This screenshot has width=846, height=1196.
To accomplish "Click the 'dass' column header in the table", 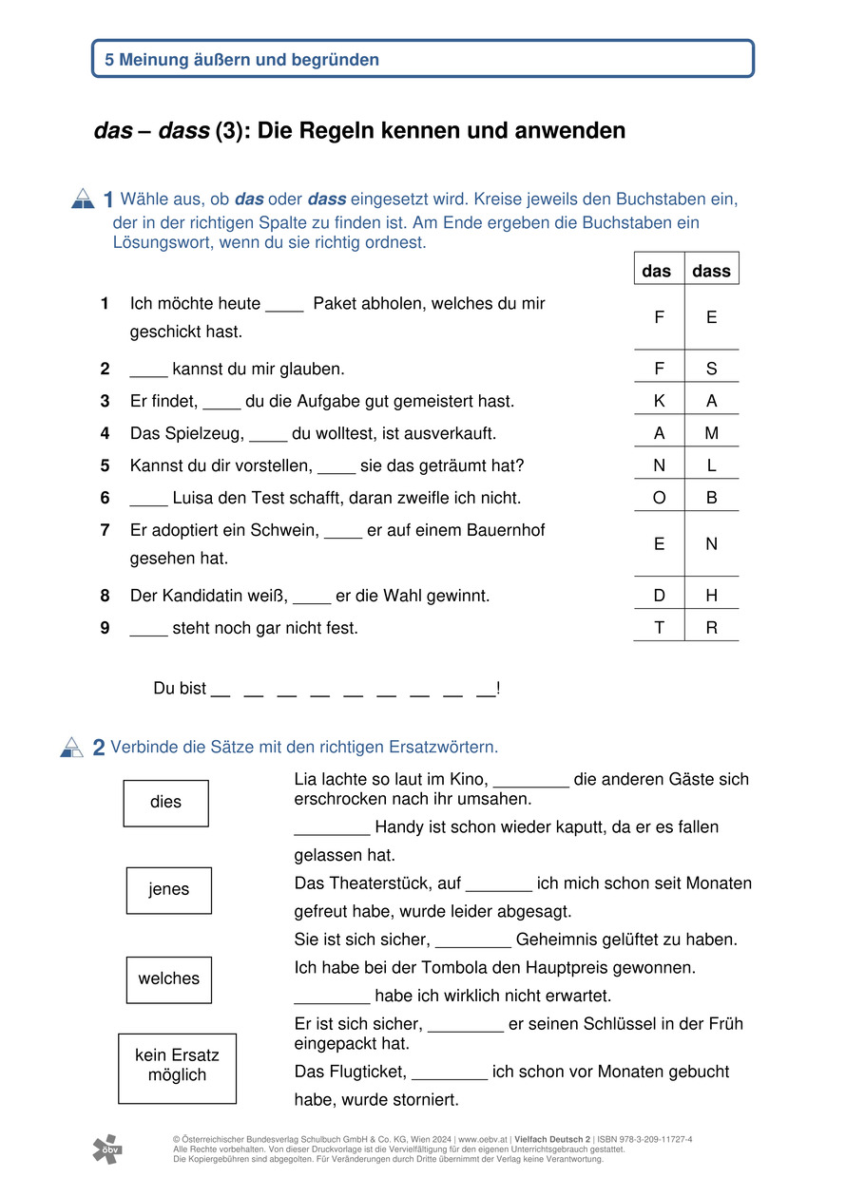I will click(x=711, y=271).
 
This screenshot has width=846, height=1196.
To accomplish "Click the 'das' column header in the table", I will click(x=657, y=271).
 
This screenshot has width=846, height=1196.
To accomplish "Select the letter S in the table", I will click(x=712, y=369).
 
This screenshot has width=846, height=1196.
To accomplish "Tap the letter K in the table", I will click(x=659, y=401).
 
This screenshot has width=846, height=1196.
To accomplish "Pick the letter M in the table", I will click(x=712, y=433).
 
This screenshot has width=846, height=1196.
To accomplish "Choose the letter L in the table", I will click(x=712, y=465).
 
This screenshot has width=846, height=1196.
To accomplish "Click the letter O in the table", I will click(x=659, y=498).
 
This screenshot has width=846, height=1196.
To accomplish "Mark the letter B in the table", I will click(x=712, y=498).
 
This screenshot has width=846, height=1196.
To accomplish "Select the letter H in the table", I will click(x=712, y=596).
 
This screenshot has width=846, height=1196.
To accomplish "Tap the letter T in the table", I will click(x=659, y=628).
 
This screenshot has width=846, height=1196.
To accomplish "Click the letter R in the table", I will click(x=712, y=628).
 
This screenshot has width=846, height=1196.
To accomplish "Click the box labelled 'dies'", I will click(x=165, y=803).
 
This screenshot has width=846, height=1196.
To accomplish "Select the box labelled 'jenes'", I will click(x=168, y=890).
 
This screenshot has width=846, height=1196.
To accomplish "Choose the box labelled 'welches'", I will click(x=168, y=979).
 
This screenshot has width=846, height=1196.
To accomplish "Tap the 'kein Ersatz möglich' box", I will click(x=177, y=1068).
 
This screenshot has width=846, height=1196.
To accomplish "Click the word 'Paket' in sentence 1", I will click(x=334, y=304).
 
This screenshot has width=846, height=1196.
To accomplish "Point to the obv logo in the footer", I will click(x=107, y=1149).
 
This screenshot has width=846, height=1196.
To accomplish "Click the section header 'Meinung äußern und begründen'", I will click(x=242, y=59).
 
